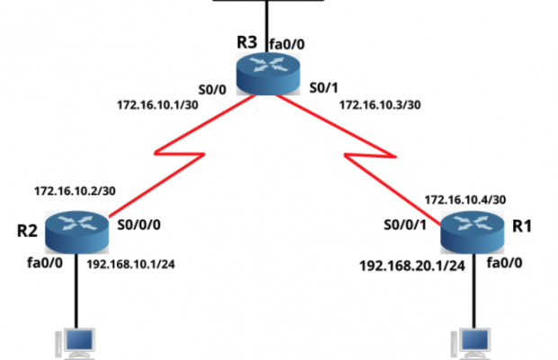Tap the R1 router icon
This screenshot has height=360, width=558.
(474, 232)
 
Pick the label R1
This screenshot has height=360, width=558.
(522, 226)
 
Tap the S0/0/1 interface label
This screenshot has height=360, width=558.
(404, 225)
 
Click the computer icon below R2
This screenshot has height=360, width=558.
(71, 344)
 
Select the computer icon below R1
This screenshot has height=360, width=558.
(471, 344)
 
